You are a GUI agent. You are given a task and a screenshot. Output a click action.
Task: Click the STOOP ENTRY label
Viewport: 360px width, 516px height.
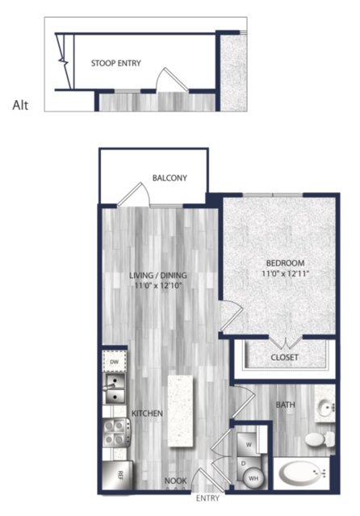pyautogui.click(x=116, y=63)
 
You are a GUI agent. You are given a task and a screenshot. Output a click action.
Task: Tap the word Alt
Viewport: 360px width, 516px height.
pyautogui.click(x=20, y=105)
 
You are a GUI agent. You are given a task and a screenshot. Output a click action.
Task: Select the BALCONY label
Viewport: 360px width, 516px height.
pyautogui.click(x=170, y=178)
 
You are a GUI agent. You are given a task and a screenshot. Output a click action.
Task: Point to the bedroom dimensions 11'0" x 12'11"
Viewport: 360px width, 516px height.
pyautogui.click(x=285, y=274)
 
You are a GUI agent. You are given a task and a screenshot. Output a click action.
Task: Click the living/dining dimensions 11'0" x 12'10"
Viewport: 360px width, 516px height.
pyautogui.click(x=158, y=285)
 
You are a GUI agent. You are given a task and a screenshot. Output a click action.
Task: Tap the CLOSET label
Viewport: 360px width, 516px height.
pyautogui.click(x=285, y=358)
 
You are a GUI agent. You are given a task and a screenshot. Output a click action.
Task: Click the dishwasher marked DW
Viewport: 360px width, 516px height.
pyautogui.click(x=114, y=362)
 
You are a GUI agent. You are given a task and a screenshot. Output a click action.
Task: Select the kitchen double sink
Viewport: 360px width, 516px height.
pyautogui.click(x=114, y=388)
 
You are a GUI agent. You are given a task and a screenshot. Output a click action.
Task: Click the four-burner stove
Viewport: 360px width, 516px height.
pyautogui.click(x=116, y=432)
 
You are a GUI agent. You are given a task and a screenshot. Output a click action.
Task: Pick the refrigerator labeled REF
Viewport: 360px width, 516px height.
pyautogui.click(x=118, y=475)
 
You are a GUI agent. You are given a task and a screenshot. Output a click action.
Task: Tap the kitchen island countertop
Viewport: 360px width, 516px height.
pyautogui.click(x=180, y=411)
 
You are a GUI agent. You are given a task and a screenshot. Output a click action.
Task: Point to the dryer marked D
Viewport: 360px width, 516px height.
pyautogui.click(x=245, y=464)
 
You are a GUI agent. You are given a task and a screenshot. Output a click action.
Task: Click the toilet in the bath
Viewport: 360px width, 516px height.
pyautogui.click(x=319, y=439)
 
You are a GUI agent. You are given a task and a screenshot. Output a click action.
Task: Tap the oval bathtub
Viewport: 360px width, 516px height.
pyautogui.click(x=300, y=473)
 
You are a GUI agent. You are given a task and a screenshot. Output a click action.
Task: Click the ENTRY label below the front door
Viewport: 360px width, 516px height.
pyautogui.click(x=207, y=498)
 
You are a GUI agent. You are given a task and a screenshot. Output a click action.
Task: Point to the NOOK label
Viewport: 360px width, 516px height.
pyautogui.click(x=176, y=480)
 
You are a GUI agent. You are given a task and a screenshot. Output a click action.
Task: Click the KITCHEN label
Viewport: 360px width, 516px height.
pyautogui.click(x=147, y=413)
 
